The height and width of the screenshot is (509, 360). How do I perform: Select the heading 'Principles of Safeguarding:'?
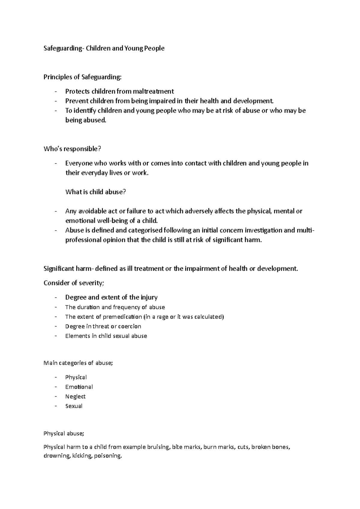click(x=82, y=77)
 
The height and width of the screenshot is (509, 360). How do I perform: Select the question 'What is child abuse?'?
click(x=95, y=192)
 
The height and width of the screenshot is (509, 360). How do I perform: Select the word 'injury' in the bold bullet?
click(x=148, y=298)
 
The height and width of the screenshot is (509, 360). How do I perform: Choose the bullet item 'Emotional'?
click(x=79, y=387)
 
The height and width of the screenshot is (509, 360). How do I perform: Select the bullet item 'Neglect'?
click(x=75, y=397)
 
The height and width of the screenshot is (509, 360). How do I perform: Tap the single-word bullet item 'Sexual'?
click(x=74, y=406)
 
